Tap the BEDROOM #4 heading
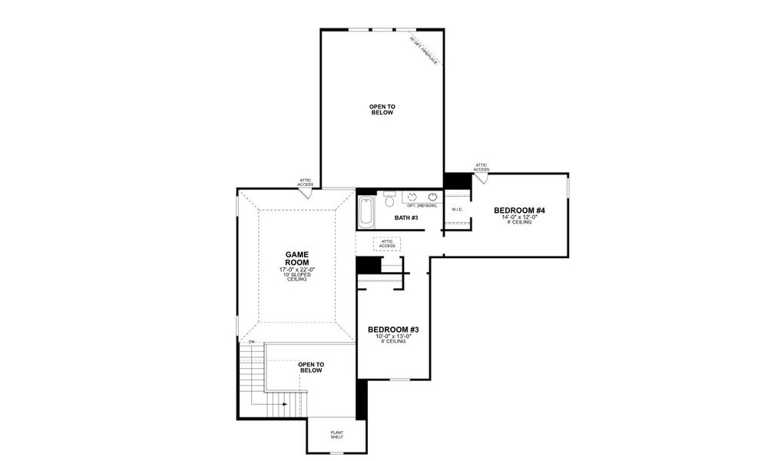519,211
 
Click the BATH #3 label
406,218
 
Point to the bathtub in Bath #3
366,211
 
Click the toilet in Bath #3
389,201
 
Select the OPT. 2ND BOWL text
422,206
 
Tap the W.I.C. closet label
457,209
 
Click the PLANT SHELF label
337,435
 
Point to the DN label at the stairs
251,341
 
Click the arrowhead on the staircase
284,403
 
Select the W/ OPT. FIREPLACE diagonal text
423,50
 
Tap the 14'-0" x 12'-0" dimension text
519,217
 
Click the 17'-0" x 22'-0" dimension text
296,270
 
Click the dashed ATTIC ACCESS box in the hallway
387,244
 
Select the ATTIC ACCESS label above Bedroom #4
481,167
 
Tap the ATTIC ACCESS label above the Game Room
306,183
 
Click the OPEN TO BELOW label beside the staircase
310,367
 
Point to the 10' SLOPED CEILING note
296,277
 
